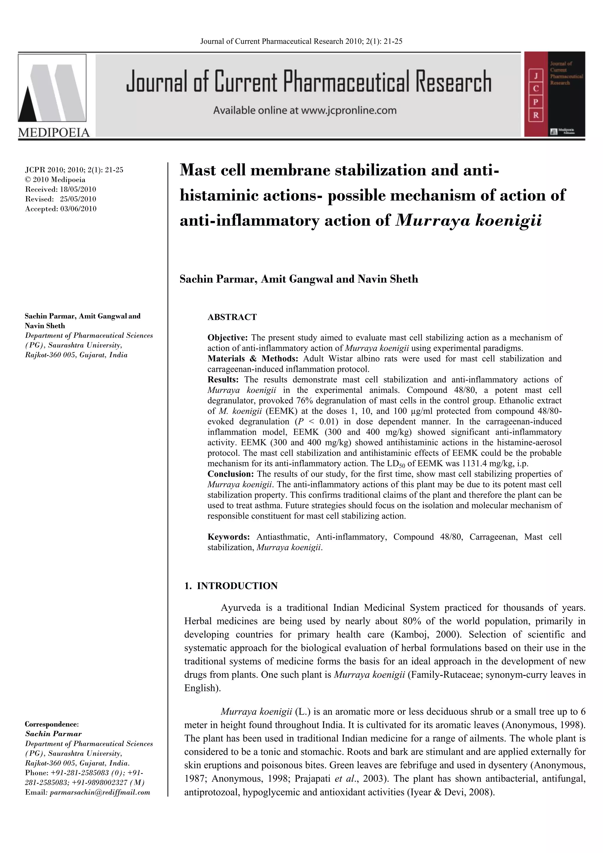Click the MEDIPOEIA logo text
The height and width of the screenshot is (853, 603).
point(54,133)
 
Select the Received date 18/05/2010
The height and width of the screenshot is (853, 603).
point(78,189)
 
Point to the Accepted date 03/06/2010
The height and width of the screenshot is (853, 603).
point(78,209)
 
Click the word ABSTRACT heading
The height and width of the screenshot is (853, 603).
point(232,317)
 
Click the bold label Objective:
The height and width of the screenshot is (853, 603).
point(228,338)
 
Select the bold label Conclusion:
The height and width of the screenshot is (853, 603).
point(231,474)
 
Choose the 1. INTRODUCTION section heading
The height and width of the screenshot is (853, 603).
point(231,586)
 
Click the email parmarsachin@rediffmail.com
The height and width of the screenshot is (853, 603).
point(100,792)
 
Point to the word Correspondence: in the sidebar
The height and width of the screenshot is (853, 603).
point(52,724)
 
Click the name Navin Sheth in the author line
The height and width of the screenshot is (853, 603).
point(388,279)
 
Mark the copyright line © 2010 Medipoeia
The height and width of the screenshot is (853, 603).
point(55,179)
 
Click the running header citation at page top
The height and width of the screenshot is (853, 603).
point(301,41)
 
